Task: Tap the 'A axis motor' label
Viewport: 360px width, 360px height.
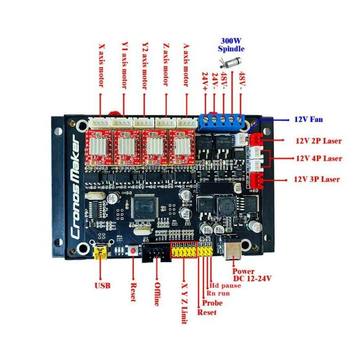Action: (186, 64)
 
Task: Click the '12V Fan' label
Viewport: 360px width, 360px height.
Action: (308, 119)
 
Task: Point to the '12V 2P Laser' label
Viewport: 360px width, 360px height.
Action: (318, 141)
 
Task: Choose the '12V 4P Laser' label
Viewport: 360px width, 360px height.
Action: (318, 158)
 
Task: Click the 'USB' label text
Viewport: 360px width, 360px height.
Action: (102, 286)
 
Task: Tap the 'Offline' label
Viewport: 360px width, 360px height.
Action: (157, 292)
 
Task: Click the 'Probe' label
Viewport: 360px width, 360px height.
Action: (212, 303)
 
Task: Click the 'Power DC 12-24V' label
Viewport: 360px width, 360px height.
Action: (252, 274)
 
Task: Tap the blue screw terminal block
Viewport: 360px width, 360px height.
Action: (223, 121)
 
